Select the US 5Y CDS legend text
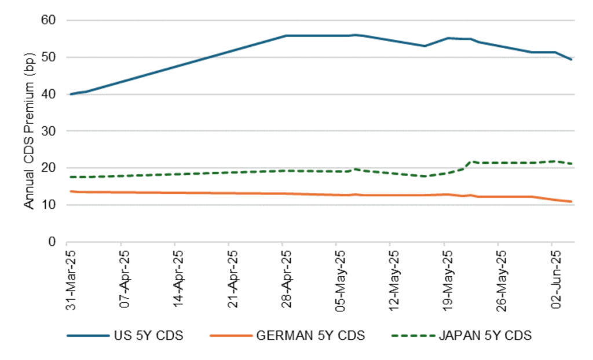click(x=148, y=336)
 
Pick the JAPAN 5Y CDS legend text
click(x=485, y=336)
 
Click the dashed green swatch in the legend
click(x=412, y=336)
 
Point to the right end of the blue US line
click(x=572, y=59)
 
